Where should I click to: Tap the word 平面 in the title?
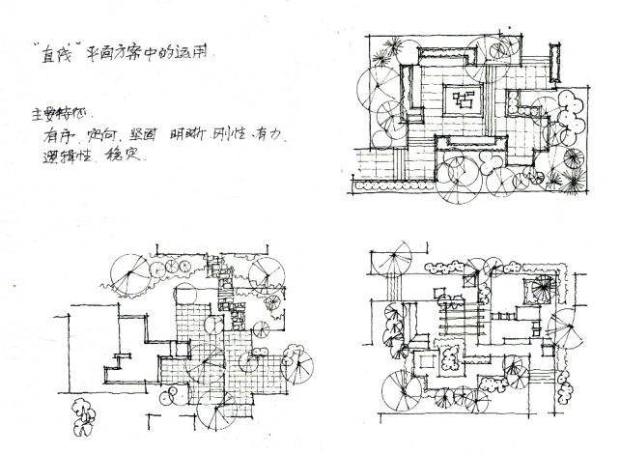point(101,54)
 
